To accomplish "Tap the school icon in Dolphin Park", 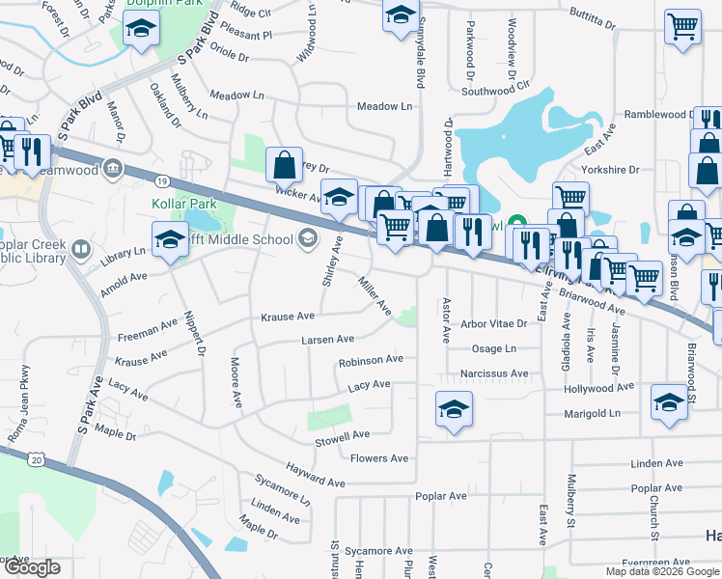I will tap(141, 32).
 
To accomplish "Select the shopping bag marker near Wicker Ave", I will tap(285, 165).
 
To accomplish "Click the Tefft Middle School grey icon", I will tap(307, 238).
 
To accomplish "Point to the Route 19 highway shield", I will tap(163, 180).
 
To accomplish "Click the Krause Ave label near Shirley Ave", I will tap(288, 317).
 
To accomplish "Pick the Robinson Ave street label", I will tap(371, 360).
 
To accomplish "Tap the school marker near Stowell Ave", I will tap(454, 408).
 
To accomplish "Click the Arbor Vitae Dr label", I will tap(494, 324).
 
